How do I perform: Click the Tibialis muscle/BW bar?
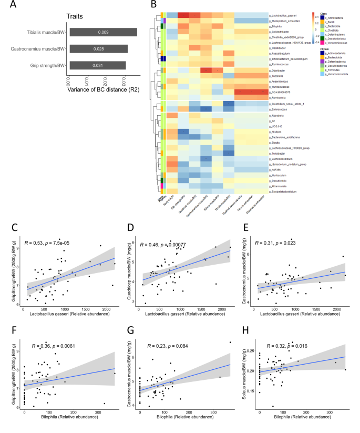pos(104,32)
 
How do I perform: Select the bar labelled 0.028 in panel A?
pos(98,49)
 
